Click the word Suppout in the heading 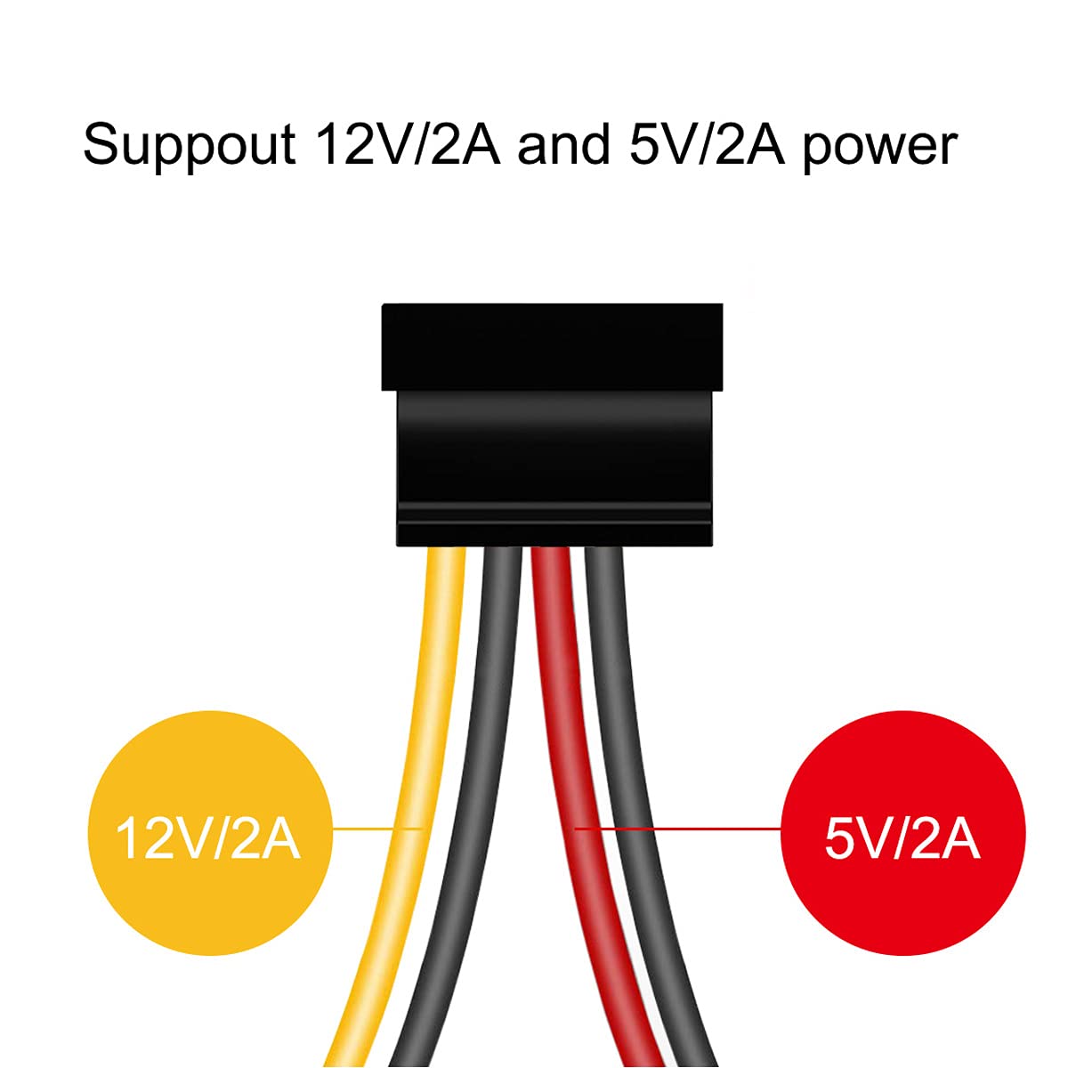pos(189,144)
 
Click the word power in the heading pos(880,147)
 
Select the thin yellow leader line pos(377,829)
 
